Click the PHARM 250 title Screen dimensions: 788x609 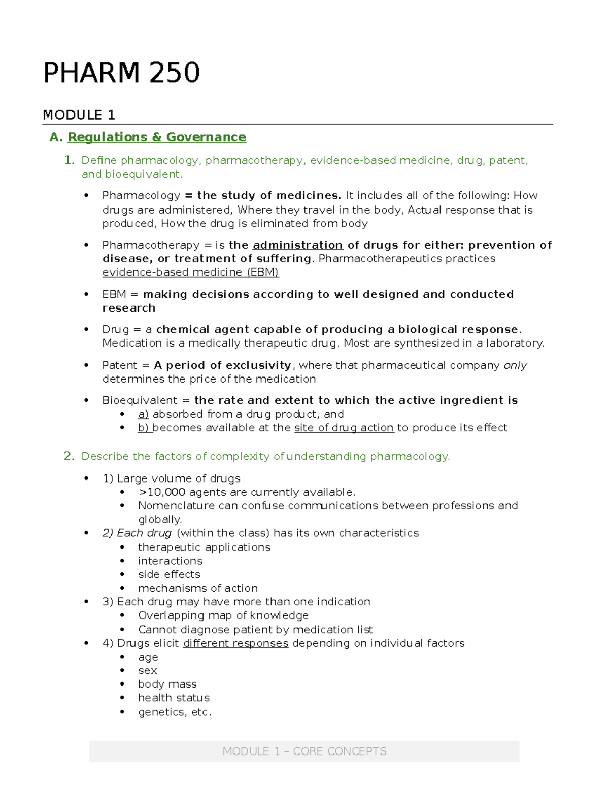click(121, 73)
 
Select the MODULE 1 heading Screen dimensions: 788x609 click(79, 115)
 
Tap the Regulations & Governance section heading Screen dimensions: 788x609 click(156, 137)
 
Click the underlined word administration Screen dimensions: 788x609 click(297, 245)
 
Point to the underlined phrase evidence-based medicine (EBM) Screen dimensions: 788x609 click(190, 272)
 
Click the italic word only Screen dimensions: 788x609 click(515, 365)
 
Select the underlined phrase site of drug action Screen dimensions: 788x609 click(344, 428)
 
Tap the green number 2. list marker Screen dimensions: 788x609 click(69, 456)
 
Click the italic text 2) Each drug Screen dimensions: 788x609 click(137, 533)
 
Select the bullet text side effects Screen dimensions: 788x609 click(169, 574)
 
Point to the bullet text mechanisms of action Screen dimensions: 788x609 click(197, 588)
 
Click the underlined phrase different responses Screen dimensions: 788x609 click(235, 643)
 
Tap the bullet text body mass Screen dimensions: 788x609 click(167, 684)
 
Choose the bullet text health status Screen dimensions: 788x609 click(174, 698)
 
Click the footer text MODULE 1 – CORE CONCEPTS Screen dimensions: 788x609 click(304, 751)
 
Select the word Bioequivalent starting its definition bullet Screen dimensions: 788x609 click(140, 401)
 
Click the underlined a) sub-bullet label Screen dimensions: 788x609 click(143, 414)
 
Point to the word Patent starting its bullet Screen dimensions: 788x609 click(119, 365)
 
